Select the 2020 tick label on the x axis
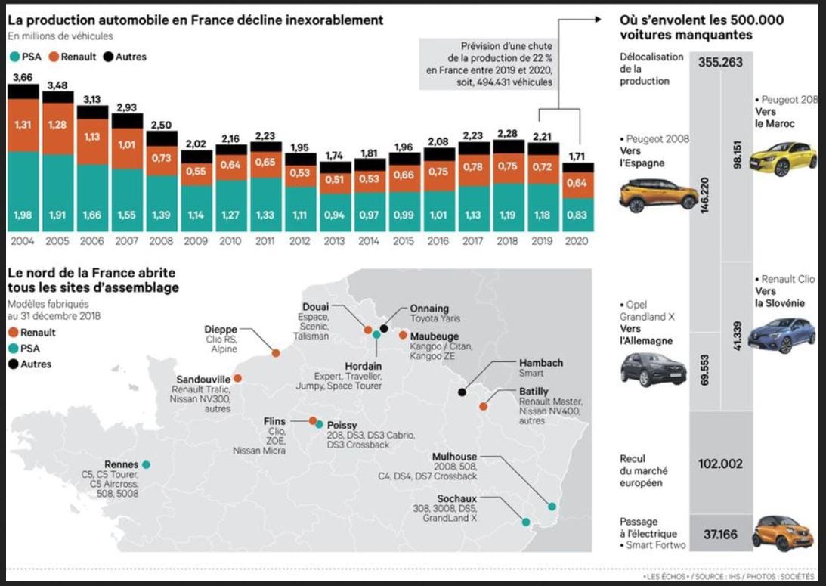[x=577, y=241]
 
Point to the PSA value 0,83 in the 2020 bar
[x=577, y=215]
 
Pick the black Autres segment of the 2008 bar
[x=162, y=138]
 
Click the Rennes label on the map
[x=122, y=464]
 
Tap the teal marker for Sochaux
[x=524, y=522]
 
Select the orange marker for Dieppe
[x=276, y=353]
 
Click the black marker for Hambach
[x=462, y=392]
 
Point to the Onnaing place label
[x=428, y=309]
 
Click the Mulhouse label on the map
[x=454, y=457]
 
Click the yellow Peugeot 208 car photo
[x=784, y=158]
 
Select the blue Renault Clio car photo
[x=781, y=334]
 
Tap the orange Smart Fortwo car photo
[x=782, y=531]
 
